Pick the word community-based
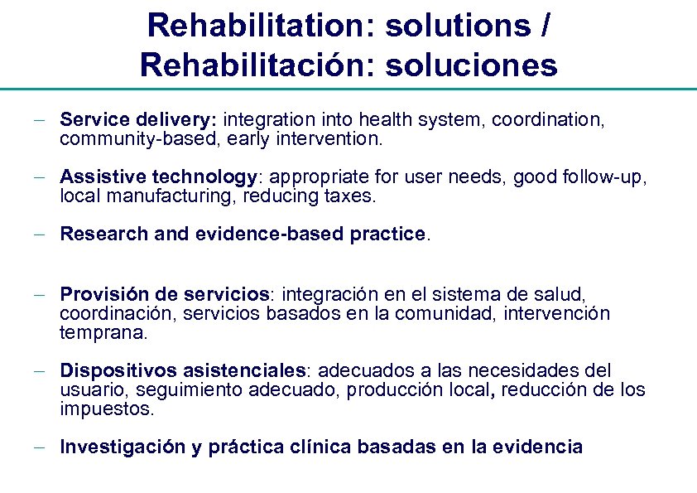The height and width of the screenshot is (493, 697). (126, 139)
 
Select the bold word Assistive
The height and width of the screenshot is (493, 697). (100, 177)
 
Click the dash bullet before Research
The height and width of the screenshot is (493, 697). (39, 235)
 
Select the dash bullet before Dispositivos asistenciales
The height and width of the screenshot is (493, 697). (39, 371)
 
